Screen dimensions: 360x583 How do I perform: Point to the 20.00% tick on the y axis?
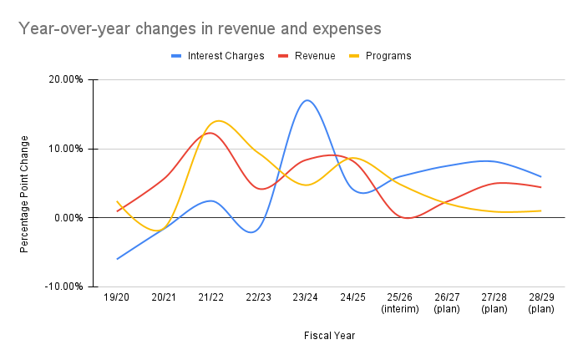[x=66, y=80]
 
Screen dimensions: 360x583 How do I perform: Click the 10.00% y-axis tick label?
[x=66, y=149]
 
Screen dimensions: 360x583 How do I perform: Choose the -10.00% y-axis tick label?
[x=64, y=286]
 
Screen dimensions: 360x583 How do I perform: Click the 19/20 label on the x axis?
[x=117, y=297]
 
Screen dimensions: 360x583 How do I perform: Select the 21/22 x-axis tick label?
[x=211, y=297]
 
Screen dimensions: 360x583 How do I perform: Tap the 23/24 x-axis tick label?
[x=306, y=297]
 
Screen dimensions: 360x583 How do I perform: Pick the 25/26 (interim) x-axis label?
[x=400, y=302]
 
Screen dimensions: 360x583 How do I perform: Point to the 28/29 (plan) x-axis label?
[x=541, y=302]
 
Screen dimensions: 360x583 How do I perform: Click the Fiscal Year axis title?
[x=329, y=336]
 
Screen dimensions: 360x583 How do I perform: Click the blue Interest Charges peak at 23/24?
[x=307, y=100]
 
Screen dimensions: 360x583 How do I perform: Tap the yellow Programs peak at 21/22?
[x=219, y=120]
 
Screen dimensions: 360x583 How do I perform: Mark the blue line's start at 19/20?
[x=117, y=259]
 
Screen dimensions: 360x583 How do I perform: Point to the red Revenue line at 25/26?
[x=405, y=218]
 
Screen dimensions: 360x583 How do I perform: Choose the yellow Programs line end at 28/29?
[x=541, y=210]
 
